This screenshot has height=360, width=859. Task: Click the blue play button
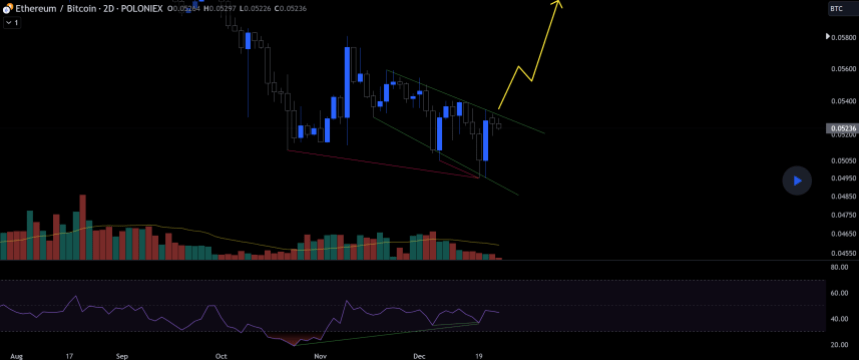796,181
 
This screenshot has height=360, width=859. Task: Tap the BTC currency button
837,8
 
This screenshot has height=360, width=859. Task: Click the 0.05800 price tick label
843,38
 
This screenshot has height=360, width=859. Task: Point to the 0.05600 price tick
843,69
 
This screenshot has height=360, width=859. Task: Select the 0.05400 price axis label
843,101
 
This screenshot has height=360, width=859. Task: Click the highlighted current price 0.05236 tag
840,128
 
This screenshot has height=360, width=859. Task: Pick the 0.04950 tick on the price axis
843,179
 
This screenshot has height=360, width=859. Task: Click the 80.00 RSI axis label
839,268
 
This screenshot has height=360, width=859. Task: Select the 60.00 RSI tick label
839,293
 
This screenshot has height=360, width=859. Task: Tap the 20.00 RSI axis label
839,344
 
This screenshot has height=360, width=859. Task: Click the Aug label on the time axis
17,355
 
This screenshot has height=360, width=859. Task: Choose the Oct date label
221,355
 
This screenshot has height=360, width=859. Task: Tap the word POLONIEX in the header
145,8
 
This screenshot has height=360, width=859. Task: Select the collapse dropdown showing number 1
12,22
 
